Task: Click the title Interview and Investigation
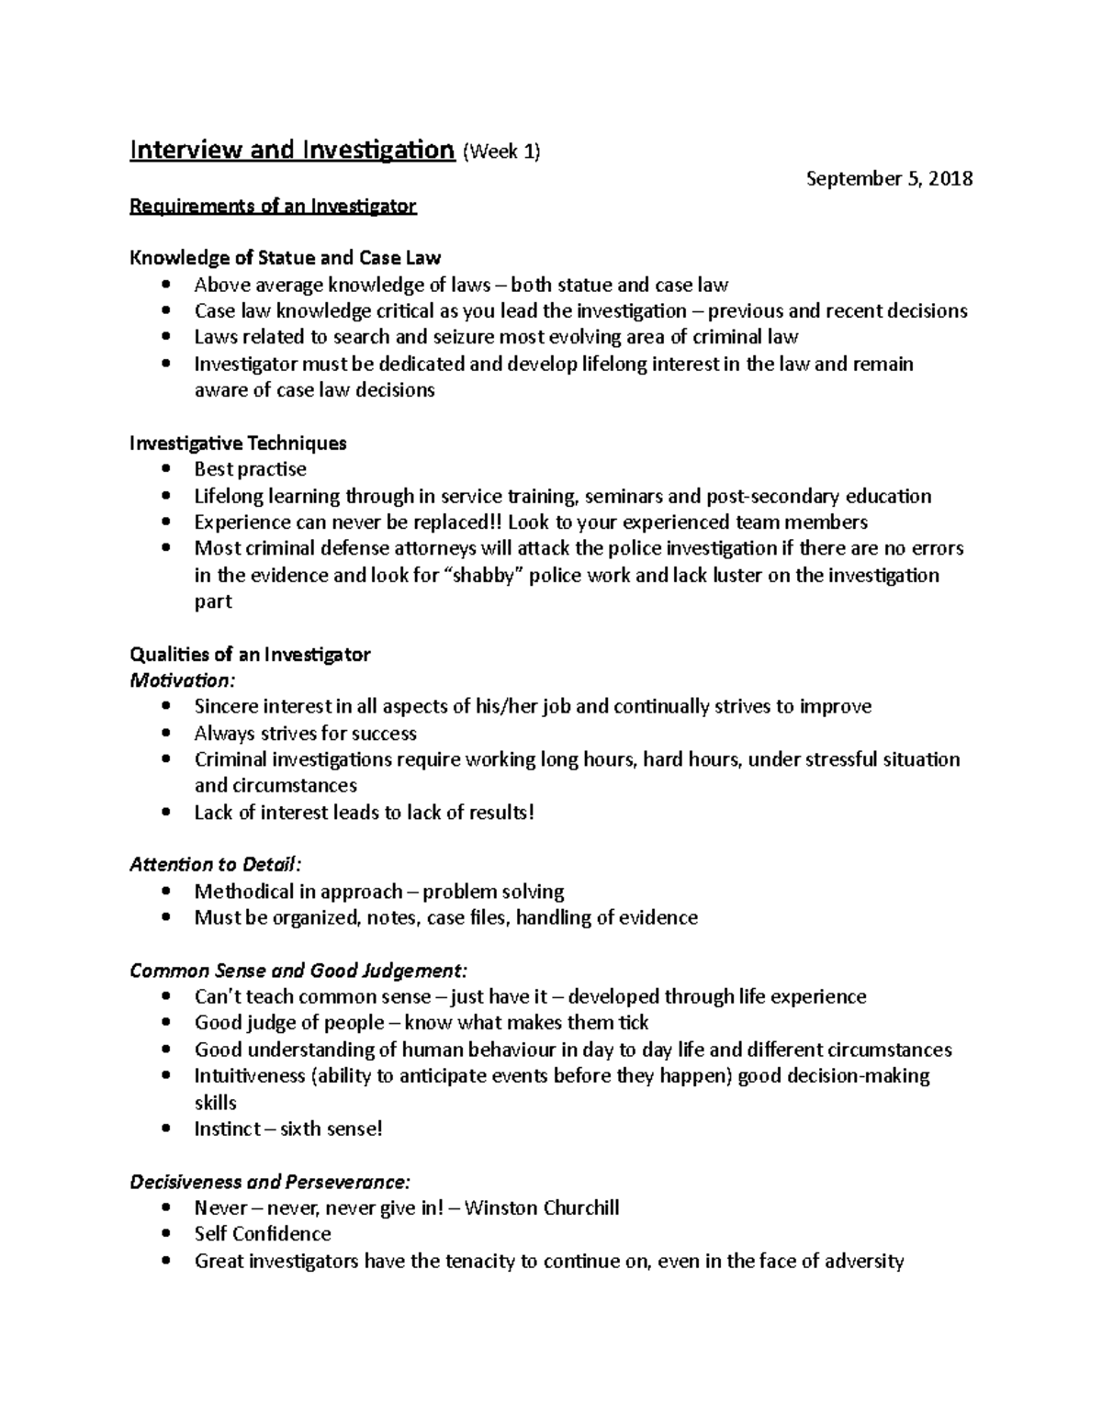(292, 150)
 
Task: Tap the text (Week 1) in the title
(501, 152)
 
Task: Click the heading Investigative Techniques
(238, 443)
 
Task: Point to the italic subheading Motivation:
(182, 680)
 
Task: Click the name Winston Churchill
(542, 1207)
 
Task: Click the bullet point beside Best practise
(165, 469)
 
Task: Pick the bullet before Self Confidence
(165, 1234)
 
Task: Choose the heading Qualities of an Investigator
(250, 655)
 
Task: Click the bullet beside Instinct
(165, 1128)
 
